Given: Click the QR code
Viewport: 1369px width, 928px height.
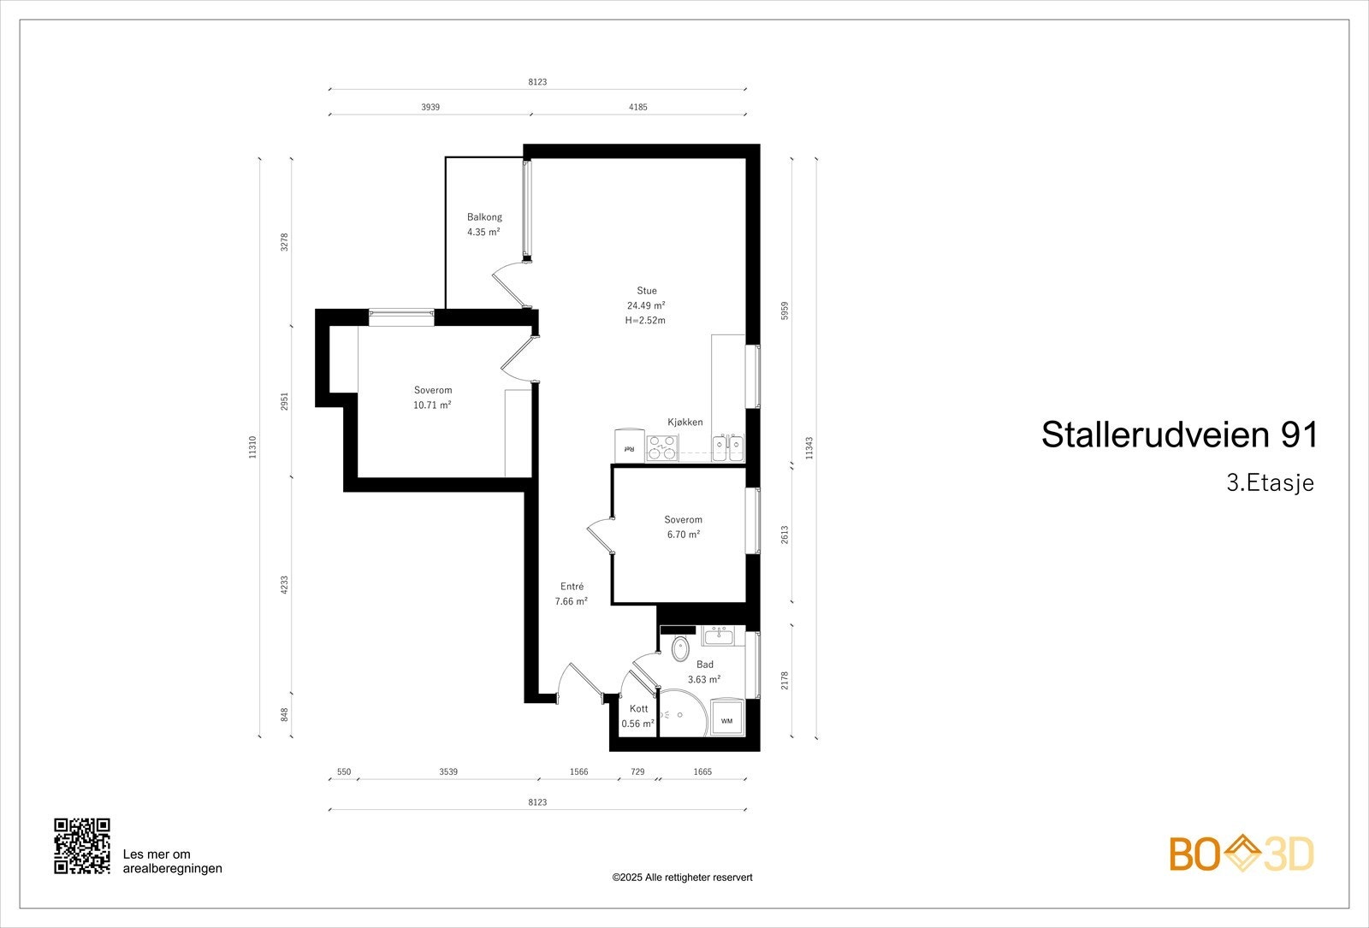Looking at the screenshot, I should point(82,846).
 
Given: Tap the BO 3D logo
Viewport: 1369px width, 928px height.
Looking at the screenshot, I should point(1242,854).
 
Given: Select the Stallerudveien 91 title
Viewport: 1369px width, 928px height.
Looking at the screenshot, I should point(1179,435).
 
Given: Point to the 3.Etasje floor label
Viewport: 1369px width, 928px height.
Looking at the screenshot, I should point(1270,483).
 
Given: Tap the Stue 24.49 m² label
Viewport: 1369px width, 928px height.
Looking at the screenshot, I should point(646,305).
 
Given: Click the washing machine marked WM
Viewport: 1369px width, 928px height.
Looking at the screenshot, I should point(726,720).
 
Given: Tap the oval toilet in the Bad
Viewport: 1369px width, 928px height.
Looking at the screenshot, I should point(680,648).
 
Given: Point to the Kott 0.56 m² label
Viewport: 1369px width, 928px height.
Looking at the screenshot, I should point(638,716).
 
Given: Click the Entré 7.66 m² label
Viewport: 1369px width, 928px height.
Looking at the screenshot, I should point(572,594).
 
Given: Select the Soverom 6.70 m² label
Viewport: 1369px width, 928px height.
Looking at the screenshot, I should point(683,527).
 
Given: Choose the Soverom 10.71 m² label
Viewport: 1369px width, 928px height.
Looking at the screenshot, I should point(432,398).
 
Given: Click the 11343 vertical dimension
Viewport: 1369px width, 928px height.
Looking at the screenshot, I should point(809,447).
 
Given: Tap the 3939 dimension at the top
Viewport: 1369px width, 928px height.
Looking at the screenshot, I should point(430,108).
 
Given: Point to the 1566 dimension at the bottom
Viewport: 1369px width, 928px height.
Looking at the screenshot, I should point(579,771).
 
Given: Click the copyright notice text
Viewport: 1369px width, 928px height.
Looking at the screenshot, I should point(682,878).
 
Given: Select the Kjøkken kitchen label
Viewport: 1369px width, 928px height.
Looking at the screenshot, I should point(685,423).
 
